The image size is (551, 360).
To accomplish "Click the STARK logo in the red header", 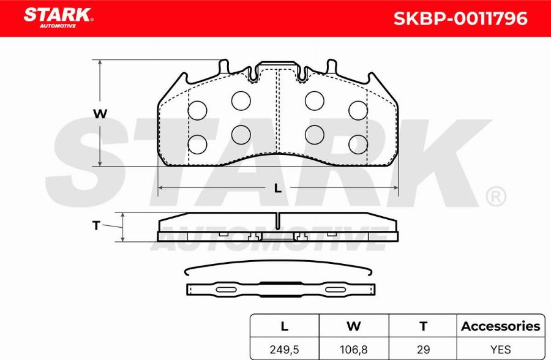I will pyautogui.click(x=58, y=17).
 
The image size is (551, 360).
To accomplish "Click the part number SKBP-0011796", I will pyautogui.click(x=459, y=18).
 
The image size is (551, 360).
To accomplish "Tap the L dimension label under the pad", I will pyautogui.click(x=277, y=189).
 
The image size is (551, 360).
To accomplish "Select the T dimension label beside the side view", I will pyautogui.click(x=96, y=225).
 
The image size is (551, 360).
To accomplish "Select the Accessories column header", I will pyautogui.click(x=501, y=326).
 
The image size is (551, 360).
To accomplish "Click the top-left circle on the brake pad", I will pyautogui.click(x=198, y=110).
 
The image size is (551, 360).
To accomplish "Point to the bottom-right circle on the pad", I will pyautogui.click(x=358, y=144).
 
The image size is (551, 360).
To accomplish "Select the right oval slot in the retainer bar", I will pyautogui.click(x=336, y=289).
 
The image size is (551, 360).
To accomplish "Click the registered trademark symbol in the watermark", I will pyautogui.click(x=495, y=196).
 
